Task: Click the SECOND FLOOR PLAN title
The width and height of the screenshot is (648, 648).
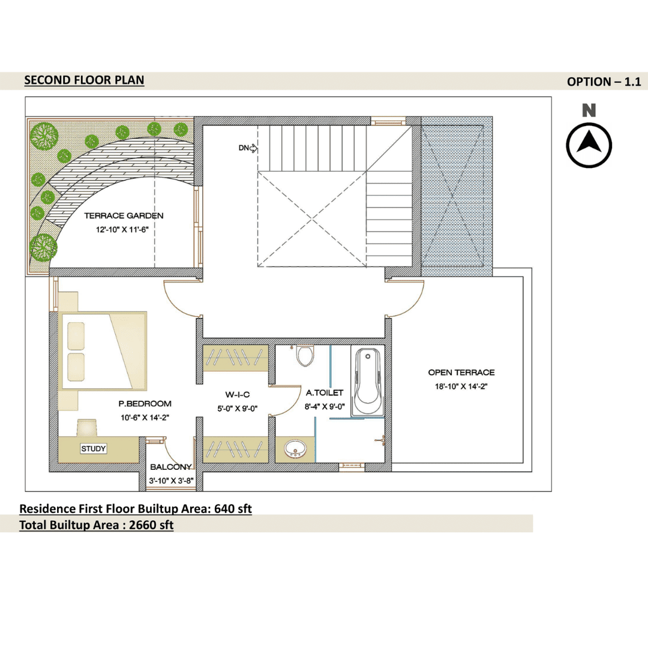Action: [85, 80]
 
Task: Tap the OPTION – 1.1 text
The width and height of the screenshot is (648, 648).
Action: [604, 82]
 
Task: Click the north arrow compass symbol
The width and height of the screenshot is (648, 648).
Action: [589, 145]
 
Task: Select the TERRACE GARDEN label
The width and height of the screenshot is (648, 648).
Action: [124, 216]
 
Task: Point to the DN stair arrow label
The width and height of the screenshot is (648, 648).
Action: [248, 148]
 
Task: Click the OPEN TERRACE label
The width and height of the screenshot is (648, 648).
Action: [461, 373]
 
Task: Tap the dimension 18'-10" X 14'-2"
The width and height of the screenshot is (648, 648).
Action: [461, 386]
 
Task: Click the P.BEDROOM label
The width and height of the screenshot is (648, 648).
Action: [145, 404]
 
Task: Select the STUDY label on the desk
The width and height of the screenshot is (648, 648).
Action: [94, 449]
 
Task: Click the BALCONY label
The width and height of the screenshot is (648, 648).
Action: [170, 467]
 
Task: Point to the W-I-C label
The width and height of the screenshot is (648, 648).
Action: [237, 395]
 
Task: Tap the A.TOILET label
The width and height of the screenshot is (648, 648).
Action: [325, 392]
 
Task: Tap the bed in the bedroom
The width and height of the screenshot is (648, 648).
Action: [104, 350]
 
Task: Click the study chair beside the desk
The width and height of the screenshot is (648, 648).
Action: [87, 428]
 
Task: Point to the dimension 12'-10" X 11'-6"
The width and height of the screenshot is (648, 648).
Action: [122, 230]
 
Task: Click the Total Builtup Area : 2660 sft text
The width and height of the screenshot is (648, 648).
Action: [96, 525]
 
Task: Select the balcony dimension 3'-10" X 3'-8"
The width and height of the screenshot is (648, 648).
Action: [171, 481]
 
